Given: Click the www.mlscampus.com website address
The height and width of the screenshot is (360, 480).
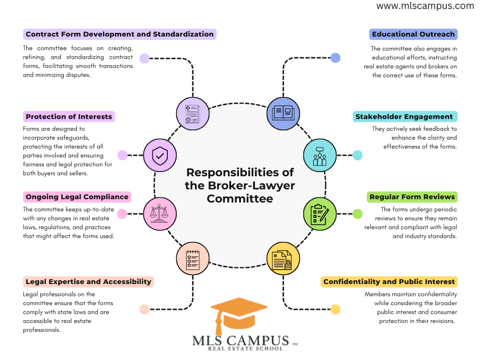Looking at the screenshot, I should (425, 6).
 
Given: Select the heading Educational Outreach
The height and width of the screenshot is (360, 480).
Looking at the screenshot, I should (413, 34).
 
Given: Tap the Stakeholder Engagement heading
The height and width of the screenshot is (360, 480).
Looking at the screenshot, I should (405, 117).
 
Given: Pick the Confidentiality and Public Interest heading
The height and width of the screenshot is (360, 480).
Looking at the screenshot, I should (389, 282).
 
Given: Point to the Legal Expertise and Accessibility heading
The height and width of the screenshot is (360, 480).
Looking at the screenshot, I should (89, 282).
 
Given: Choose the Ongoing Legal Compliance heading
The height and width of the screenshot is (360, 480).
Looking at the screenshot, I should (77, 197).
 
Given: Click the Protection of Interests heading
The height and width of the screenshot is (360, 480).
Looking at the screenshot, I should (69, 117).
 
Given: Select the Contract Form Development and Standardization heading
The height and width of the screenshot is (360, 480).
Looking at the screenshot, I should (120, 34).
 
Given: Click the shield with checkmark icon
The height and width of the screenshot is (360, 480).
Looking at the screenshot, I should (160, 155).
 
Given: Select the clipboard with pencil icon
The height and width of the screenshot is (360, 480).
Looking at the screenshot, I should (320, 214).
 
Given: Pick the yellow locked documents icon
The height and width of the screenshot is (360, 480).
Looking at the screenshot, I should (283, 259).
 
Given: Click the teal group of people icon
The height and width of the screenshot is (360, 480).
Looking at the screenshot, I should (320, 155).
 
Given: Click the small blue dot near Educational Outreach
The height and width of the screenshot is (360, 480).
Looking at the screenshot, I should (335, 58).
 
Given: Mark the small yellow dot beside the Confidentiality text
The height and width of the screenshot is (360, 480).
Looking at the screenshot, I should (336, 309).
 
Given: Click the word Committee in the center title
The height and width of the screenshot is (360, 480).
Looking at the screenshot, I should (240, 198).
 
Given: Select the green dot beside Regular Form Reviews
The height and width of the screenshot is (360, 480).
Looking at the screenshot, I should (358, 214).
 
